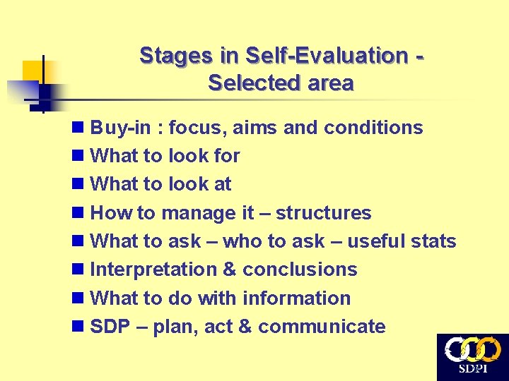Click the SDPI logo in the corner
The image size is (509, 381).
[472, 357]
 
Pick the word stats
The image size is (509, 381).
[432, 241]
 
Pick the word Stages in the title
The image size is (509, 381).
[166, 55]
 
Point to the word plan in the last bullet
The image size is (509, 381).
[175, 327]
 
